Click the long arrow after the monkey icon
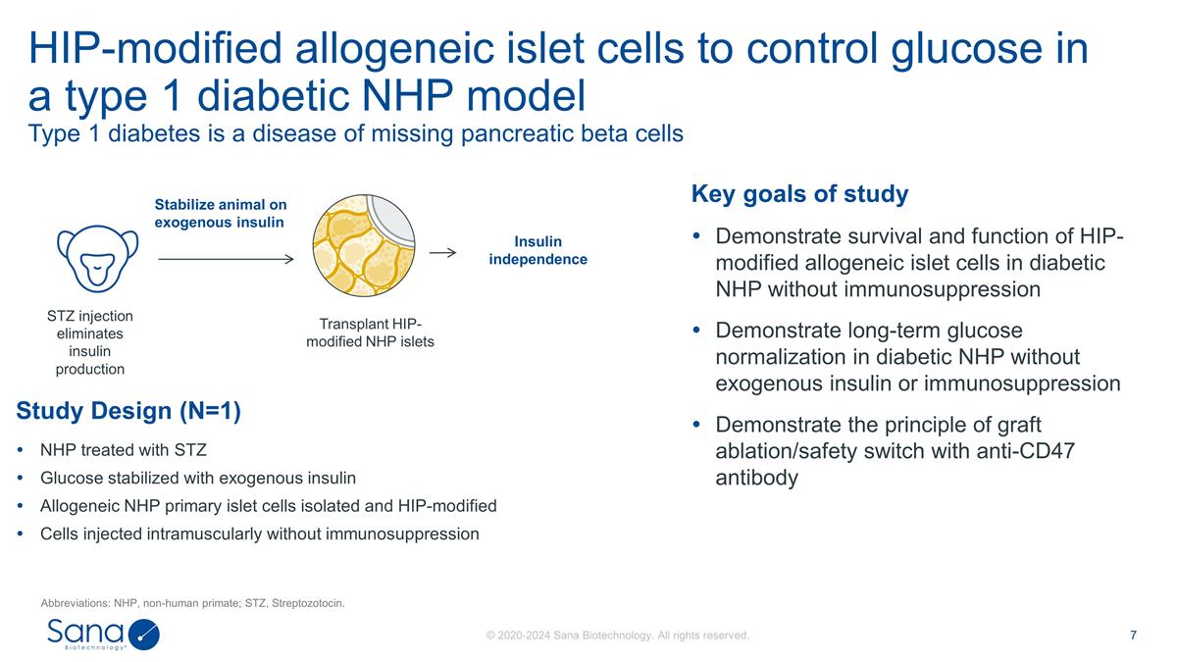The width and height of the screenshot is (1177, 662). [225, 260]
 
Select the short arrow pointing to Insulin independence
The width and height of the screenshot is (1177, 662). [443, 253]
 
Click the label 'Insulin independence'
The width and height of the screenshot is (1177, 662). [537, 251]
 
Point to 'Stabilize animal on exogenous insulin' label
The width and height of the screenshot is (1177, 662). [221, 213]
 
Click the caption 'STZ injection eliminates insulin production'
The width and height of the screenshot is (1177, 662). [89, 342]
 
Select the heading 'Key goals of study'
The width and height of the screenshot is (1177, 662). [799, 194]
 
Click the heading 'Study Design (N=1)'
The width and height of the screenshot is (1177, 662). [128, 411]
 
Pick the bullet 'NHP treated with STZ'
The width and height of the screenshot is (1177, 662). [123, 451]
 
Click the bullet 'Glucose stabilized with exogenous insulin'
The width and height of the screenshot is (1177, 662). [197, 479]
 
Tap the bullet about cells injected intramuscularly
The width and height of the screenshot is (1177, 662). [259, 535]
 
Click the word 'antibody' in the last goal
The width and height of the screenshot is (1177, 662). [756, 478]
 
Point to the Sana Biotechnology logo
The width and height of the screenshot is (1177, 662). [102, 634]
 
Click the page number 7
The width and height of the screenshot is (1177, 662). [1133, 635]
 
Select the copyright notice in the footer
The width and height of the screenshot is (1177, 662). [618, 636]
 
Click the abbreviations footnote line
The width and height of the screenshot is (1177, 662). [192, 602]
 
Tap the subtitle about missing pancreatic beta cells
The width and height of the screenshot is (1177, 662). [355, 134]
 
